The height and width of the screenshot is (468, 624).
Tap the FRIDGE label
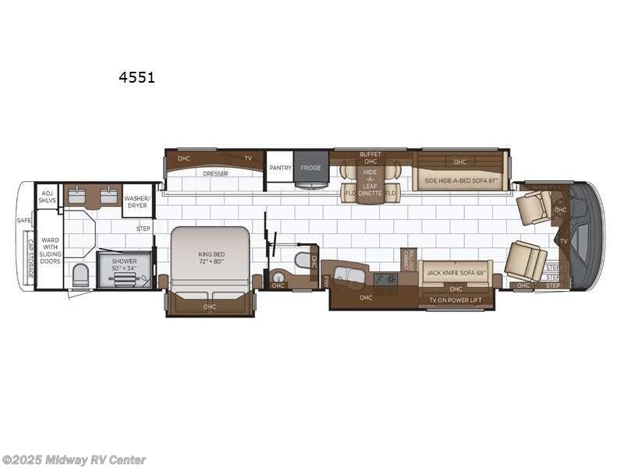tap(311, 168)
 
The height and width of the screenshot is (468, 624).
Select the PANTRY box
tap(280, 168)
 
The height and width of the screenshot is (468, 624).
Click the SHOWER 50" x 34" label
tap(124, 265)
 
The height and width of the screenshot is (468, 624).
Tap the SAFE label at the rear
tap(25, 221)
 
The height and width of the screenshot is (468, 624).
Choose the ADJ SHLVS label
tap(48, 195)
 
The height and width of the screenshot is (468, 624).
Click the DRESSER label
tap(215, 174)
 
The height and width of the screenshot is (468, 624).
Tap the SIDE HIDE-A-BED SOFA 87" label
tap(460, 182)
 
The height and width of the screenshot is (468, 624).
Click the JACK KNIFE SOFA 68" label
tap(456, 274)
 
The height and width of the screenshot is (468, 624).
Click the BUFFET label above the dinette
tap(370, 154)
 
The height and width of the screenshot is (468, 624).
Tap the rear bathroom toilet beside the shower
tap(80, 274)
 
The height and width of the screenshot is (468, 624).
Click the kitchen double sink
tap(349, 275)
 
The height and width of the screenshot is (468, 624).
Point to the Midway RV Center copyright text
tap(74, 460)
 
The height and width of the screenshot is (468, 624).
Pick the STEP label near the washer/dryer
tap(144, 229)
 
